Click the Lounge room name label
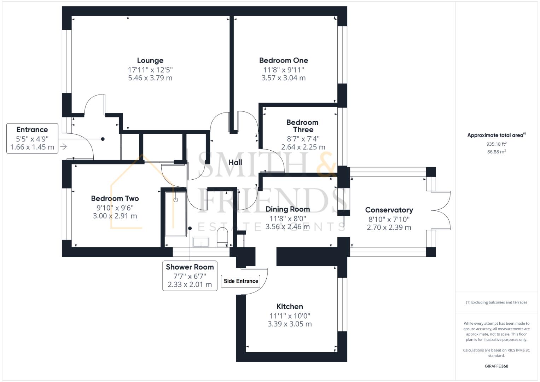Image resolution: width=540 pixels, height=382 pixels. click(x=150, y=60)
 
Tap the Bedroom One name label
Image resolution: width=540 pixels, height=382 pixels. click(x=284, y=60)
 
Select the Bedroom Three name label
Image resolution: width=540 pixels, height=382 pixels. click(x=303, y=126)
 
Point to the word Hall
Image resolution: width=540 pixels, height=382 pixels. click(x=235, y=162)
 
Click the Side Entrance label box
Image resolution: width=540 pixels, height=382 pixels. click(x=240, y=281)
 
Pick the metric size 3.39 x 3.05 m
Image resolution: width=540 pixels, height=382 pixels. click(x=290, y=324)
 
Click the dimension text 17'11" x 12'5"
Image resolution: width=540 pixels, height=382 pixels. click(x=150, y=70)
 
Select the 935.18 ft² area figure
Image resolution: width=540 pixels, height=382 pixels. click(x=497, y=144)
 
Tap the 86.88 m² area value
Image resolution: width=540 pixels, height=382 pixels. click(x=497, y=152)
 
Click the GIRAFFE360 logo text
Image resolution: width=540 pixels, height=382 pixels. click(x=497, y=366)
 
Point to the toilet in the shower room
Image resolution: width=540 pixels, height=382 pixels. click(x=222, y=237)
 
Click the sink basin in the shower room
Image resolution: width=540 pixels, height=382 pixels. click(x=201, y=242)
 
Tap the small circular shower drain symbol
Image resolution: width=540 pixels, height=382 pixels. click(x=176, y=200)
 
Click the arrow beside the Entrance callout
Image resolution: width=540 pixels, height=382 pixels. click(x=63, y=147)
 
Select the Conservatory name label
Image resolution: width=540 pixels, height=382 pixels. click(x=389, y=210)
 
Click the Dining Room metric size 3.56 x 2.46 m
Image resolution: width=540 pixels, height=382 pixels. click(x=288, y=227)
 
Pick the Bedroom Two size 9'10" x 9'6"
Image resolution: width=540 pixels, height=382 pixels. click(x=115, y=208)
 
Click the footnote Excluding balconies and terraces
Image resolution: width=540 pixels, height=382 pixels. click(x=497, y=302)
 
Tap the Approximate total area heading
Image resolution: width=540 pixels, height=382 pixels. click(x=497, y=135)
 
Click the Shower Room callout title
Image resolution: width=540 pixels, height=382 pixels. click(x=190, y=267)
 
